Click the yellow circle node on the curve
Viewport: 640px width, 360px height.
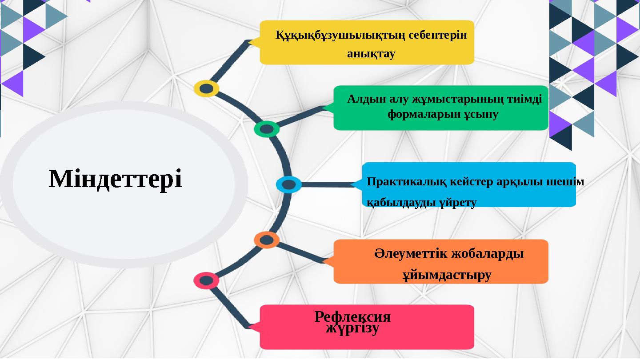pyautogui.click(x=206, y=88)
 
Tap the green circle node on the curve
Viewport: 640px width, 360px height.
pyautogui.click(x=267, y=129)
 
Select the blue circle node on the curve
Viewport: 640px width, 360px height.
pyautogui.click(x=288, y=184)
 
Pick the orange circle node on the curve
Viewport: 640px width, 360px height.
pyautogui.click(x=267, y=240)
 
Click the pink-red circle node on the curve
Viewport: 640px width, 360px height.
pyautogui.click(x=206, y=280)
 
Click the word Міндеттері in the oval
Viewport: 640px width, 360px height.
pyautogui.click(x=115, y=179)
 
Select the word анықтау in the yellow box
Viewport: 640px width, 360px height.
pyautogui.click(x=371, y=54)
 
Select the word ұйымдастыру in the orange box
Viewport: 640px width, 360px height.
pyautogui.click(x=447, y=275)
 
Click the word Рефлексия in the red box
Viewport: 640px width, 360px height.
pyautogui.click(x=352, y=317)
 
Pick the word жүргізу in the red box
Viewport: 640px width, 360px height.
pyautogui.click(x=352, y=329)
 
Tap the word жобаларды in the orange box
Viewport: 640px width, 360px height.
pyautogui.click(x=487, y=254)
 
